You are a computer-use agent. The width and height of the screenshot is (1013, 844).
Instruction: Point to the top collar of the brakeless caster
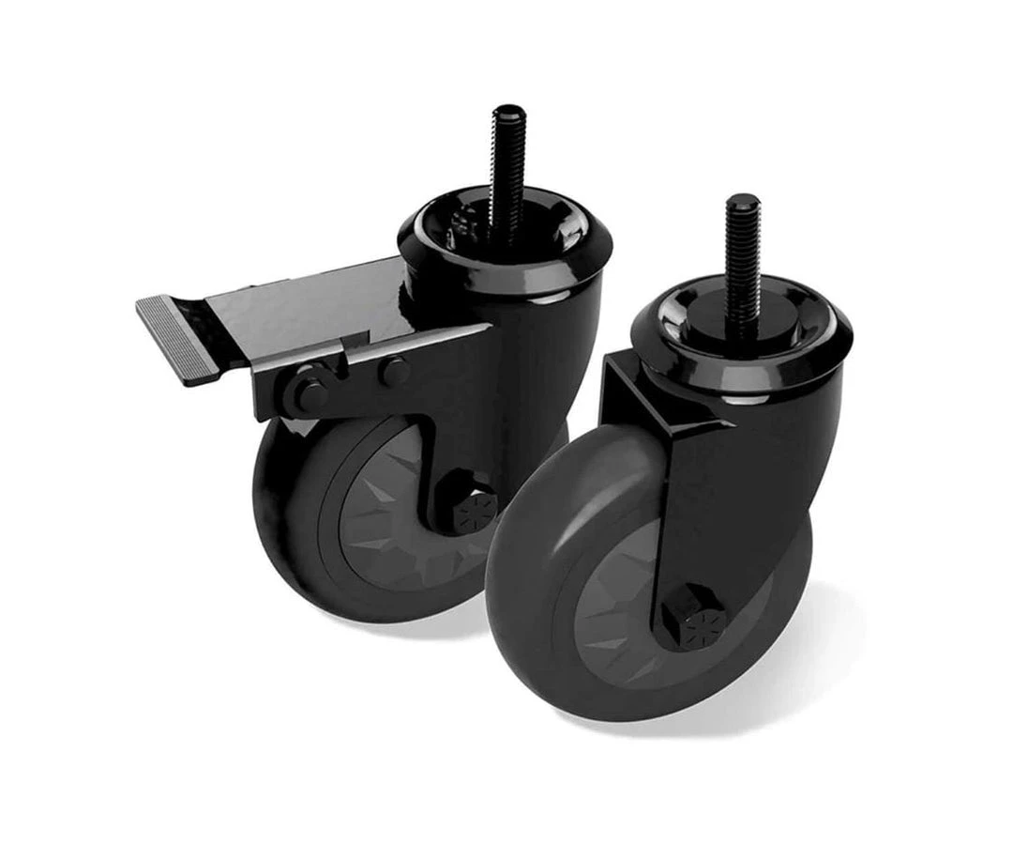point(741,361)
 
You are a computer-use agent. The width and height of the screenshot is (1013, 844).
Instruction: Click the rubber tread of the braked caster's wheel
point(281,526)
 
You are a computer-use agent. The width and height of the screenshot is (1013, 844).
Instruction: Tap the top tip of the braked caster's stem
point(509,111)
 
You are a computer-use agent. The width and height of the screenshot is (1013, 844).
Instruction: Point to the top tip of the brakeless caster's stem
point(742,200)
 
